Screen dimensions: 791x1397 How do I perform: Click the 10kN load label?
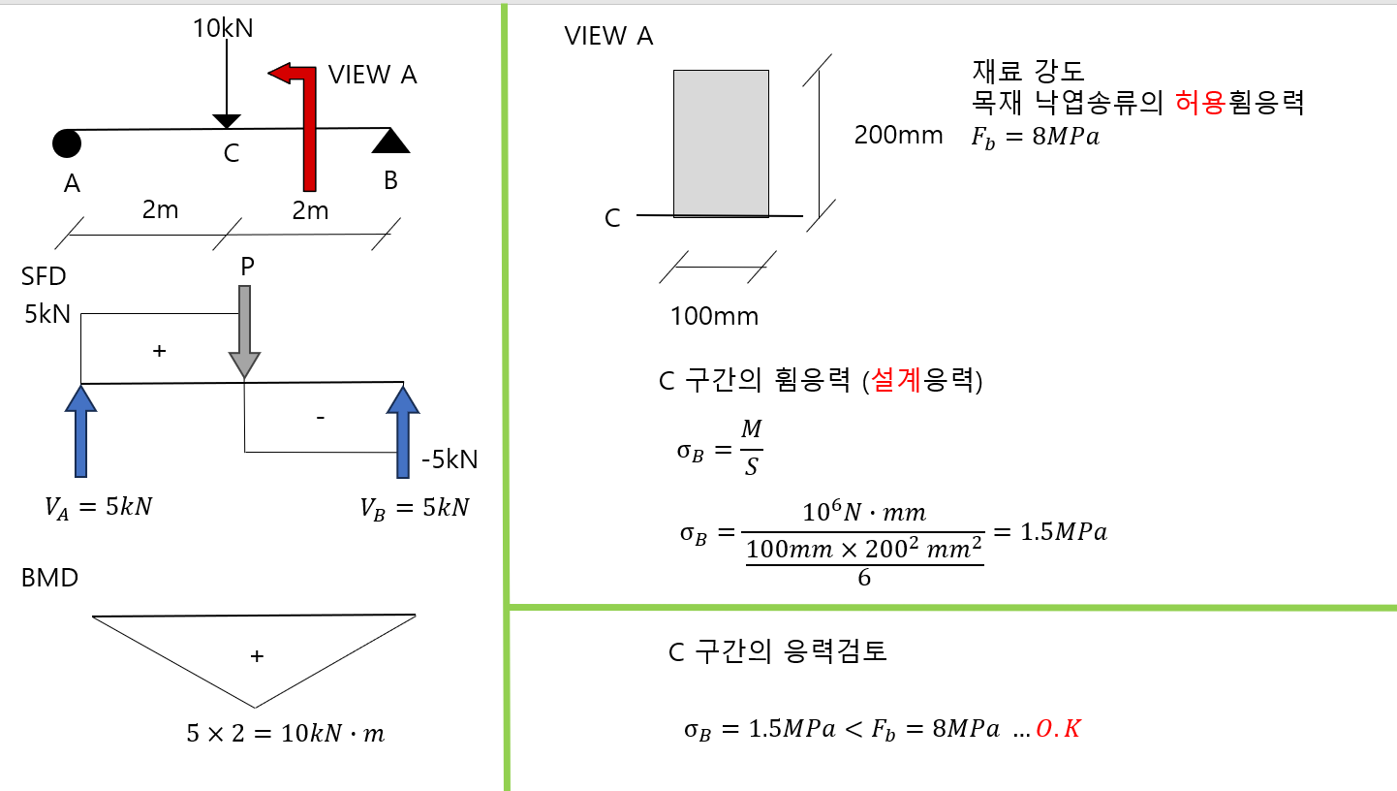[223, 27]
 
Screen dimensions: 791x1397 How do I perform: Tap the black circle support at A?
[67, 142]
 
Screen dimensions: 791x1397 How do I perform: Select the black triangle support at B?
[391, 142]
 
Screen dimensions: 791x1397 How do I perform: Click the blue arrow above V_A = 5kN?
[81, 430]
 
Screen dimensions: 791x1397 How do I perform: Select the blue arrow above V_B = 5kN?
[403, 430]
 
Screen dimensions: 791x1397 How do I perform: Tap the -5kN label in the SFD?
[449, 459]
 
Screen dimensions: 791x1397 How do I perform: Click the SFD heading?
[44, 277]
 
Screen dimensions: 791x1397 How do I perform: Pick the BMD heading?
[49, 579]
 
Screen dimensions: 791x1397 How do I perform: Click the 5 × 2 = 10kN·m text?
[285, 734]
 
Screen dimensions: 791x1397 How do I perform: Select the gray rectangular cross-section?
[721, 143]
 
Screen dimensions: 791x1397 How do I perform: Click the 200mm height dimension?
[898, 136]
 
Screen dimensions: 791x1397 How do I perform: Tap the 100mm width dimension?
[714, 316]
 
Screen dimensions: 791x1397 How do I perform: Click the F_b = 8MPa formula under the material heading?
[1035, 137]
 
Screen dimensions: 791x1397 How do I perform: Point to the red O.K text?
[1058, 729]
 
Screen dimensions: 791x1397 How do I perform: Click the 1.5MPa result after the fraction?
[1051, 532]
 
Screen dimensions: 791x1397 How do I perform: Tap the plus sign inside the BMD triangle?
[256, 656]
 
